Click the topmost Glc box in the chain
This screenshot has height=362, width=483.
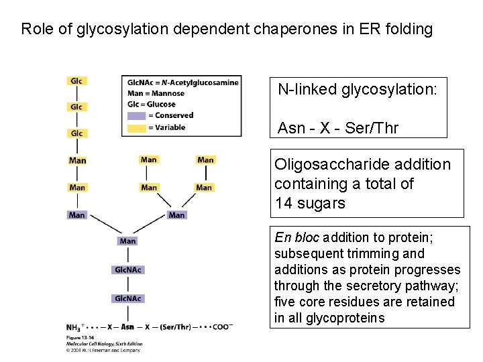[x=77, y=81]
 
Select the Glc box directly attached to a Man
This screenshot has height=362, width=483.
[x=77, y=133]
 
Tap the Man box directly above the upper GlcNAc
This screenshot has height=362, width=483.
[x=127, y=241]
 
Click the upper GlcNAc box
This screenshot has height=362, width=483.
[x=128, y=269]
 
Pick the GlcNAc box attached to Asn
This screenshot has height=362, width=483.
[x=128, y=298]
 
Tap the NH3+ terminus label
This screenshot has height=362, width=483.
[x=76, y=327]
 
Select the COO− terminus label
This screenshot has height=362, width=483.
[x=222, y=327]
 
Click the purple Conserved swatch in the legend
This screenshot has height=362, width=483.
[x=136, y=115]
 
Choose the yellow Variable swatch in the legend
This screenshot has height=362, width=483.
[x=136, y=127]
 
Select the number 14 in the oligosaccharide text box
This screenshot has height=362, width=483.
[x=283, y=204]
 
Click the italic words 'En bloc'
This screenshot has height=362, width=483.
[x=298, y=237]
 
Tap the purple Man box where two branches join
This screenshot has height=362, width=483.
[x=176, y=215]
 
